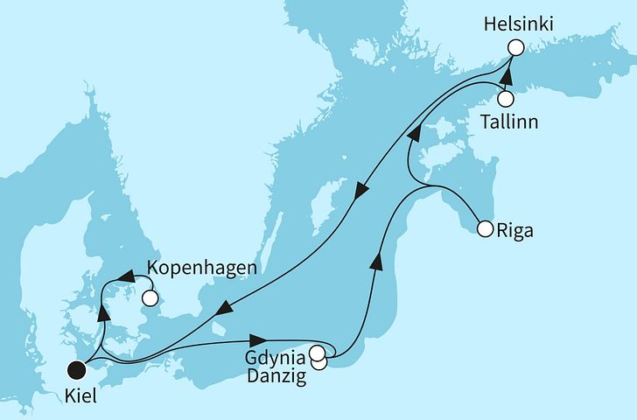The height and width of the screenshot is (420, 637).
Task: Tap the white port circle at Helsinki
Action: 515,48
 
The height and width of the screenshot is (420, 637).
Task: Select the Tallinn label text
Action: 509,123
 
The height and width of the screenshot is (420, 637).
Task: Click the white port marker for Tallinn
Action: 506,99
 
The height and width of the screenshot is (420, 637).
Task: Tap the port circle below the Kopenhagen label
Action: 150,298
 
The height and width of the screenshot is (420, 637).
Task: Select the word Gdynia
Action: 275,357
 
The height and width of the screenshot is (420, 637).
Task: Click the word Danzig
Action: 278,376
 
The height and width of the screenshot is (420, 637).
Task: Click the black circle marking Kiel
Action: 78,370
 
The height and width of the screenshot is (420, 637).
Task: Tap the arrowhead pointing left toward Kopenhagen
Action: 126,277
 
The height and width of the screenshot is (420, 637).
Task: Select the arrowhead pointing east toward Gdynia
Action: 258,340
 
